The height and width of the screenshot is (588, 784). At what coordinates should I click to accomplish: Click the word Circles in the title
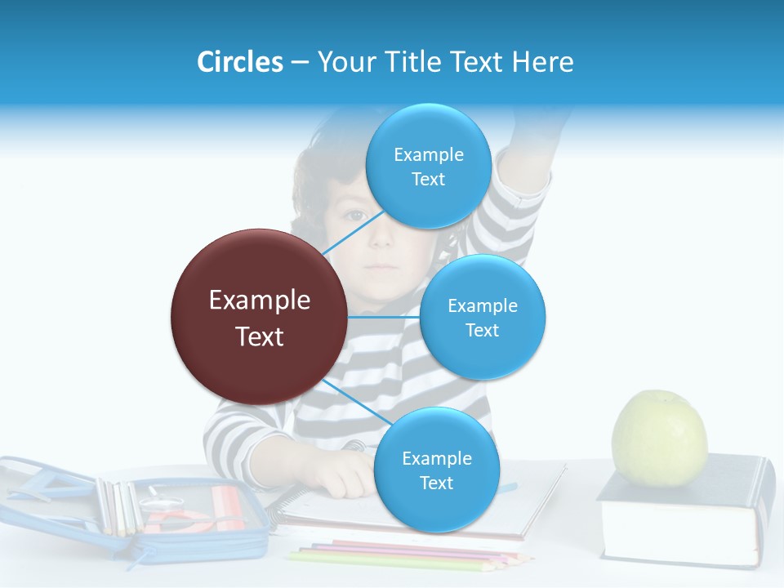coord(240,62)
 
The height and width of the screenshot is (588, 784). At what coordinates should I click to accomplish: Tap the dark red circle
coord(259,317)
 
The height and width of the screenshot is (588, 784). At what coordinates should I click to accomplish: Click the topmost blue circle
coord(428,166)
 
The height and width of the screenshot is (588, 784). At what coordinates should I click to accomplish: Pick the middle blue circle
coord(482,317)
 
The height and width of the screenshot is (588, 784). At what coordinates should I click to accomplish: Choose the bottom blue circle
coord(436,470)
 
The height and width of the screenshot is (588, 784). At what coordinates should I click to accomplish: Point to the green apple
coord(659,439)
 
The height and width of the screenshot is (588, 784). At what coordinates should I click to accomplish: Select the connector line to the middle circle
coord(384,317)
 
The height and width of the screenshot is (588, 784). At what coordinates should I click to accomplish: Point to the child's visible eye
coord(354,216)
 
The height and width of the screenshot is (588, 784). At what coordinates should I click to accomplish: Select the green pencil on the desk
coord(392,561)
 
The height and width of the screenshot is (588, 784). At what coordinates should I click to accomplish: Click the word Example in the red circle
coord(259,301)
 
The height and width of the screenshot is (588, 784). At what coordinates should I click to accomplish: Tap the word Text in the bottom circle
coord(436,483)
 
